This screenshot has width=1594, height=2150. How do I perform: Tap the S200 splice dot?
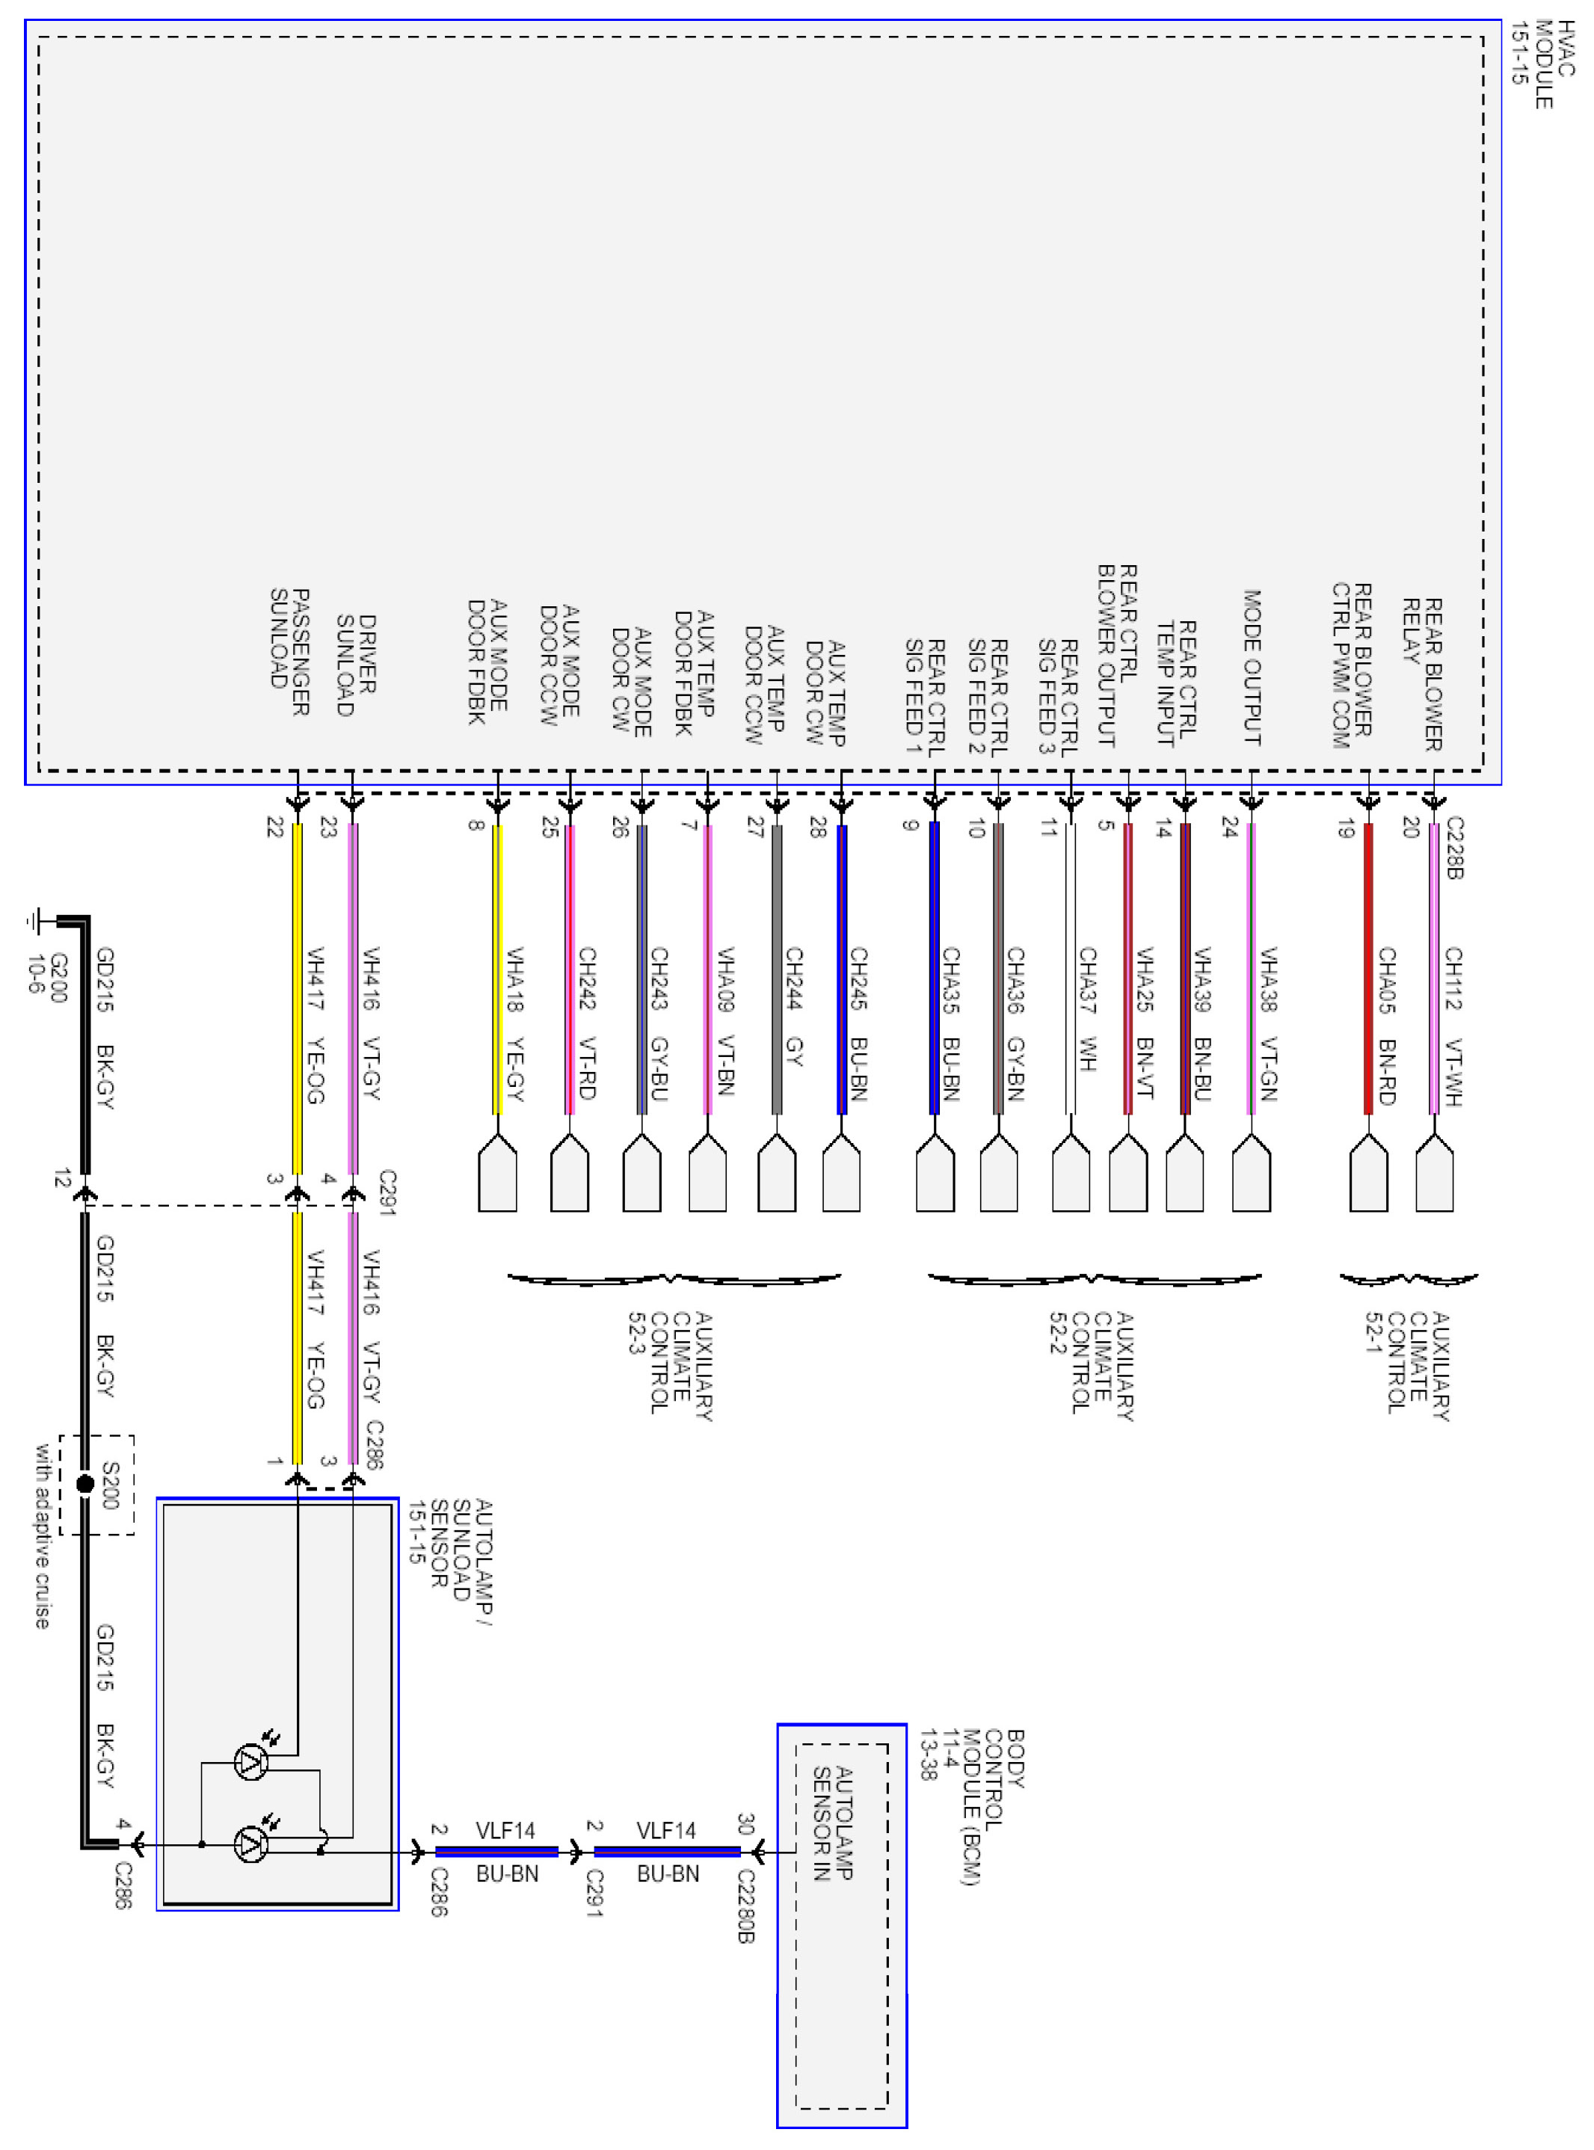point(85,1483)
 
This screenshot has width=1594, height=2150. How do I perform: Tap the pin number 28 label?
point(818,828)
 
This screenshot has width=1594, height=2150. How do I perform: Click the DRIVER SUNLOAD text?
point(356,665)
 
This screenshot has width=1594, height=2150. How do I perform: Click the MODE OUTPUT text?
point(1252,668)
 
